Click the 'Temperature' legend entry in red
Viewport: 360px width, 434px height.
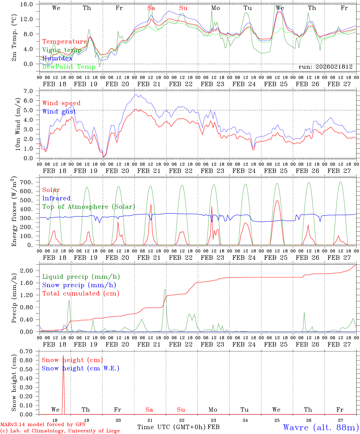click(65, 42)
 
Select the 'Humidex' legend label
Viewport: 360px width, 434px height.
click(57, 58)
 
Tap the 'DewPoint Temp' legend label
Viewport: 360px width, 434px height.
click(69, 67)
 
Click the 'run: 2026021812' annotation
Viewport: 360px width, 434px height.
click(326, 67)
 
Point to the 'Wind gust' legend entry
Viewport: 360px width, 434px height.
click(59, 112)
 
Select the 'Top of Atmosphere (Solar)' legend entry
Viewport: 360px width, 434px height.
click(89, 207)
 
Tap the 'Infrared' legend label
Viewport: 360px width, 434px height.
click(56, 198)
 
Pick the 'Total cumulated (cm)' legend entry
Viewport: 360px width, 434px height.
click(81, 293)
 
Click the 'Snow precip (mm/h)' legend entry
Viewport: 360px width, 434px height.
click(79, 285)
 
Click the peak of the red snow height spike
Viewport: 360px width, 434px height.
click(63, 356)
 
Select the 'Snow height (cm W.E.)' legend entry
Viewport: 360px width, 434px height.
click(81, 368)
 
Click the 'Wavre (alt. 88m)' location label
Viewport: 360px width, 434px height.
click(321, 427)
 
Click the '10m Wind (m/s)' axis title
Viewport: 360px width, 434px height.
click(18, 124)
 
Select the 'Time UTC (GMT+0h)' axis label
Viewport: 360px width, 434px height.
click(171, 427)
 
